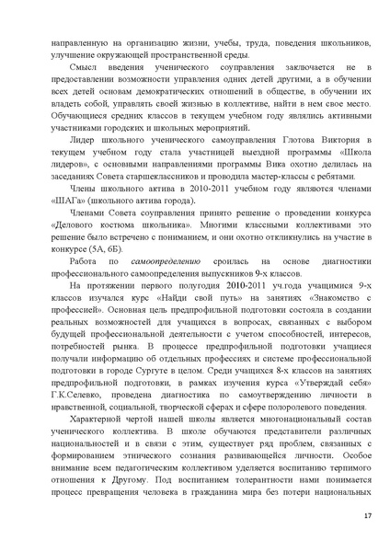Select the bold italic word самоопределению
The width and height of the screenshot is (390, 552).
pyautogui.click(x=138, y=289)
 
